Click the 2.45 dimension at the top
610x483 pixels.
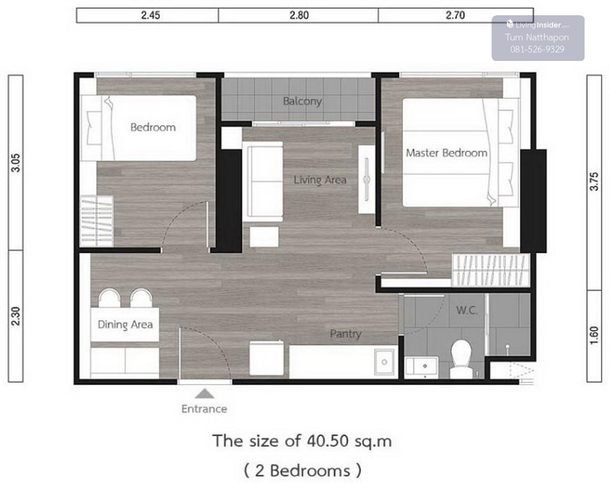coord(150,15)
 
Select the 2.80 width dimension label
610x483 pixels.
coord(299,15)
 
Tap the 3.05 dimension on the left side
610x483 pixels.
coord(16,163)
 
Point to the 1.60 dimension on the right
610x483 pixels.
coord(594,335)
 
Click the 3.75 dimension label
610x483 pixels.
coord(594,181)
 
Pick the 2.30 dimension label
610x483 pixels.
coord(16,316)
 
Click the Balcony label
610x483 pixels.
coord(302,101)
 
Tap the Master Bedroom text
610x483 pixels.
coord(447,153)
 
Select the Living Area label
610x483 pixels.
coord(320,180)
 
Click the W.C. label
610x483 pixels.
coord(467,310)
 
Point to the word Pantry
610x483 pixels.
coord(346,334)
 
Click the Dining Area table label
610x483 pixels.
coord(125,325)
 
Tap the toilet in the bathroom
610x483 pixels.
coord(461,359)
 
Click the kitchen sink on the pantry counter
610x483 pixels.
coord(384,362)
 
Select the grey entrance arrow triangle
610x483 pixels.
coord(204,394)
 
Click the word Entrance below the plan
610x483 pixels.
coord(204,409)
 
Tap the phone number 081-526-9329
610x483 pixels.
coord(537,49)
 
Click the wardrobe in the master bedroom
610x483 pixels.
coord(491,270)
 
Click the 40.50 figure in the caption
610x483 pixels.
coord(328,441)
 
